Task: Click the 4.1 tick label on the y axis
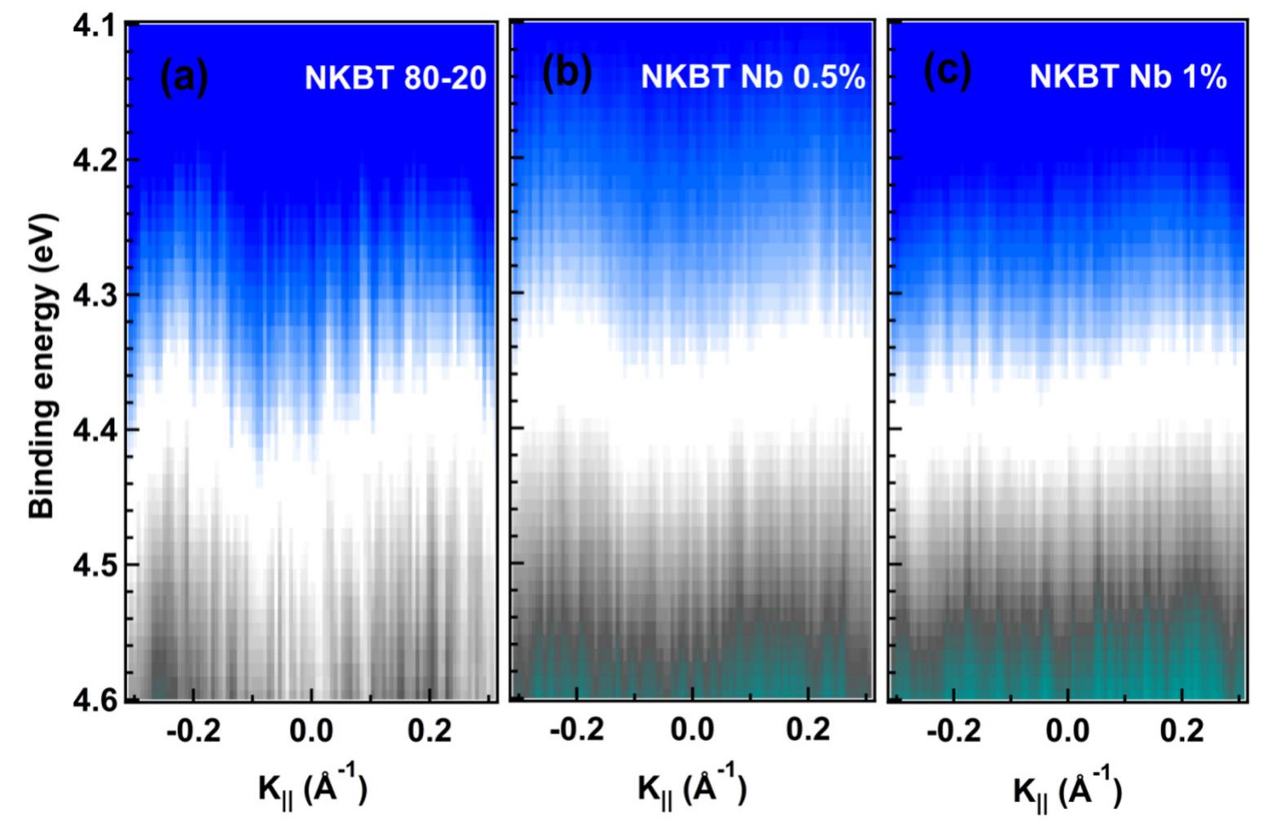(x=91, y=25)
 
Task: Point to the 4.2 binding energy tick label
(x=91, y=160)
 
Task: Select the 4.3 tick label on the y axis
(x=91, y=294)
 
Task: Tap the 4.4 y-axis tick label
(x=91, y=430)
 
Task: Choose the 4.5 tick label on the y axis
(x=91, y=565)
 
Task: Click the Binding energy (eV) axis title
(x=42, y=366)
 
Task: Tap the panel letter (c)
(x=948, y=73)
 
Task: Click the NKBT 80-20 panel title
(x=395, y=78)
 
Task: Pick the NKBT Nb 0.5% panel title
(x=752, y=77)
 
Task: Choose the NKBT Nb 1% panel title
(x=1128, y=77)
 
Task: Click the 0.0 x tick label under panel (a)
(x=311, y=731)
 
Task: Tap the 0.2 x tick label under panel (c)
(x=1182, y=730)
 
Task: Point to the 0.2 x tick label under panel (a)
(x=430, y=731)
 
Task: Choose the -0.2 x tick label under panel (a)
(x=192, y=731)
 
